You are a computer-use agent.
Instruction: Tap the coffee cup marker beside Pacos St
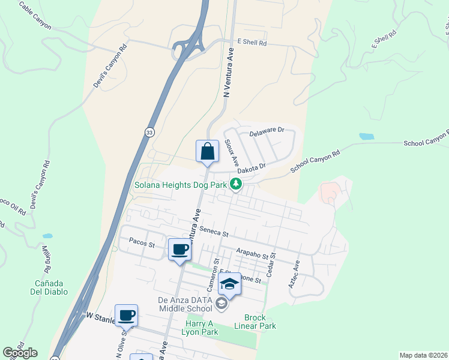pos(179,249)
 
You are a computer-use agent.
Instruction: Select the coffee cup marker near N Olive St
pos(126,315)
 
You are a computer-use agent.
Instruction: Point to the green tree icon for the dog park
pos(237,184)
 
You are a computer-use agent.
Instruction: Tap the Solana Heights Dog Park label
pos(180,185)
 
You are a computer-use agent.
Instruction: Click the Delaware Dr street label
pos(266,130)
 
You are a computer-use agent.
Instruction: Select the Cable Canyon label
pos(35,16)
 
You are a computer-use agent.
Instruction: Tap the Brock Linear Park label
pos(259,322)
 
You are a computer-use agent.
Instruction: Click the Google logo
pos(20,353)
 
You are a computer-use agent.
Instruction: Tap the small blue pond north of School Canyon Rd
pos(367,136)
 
